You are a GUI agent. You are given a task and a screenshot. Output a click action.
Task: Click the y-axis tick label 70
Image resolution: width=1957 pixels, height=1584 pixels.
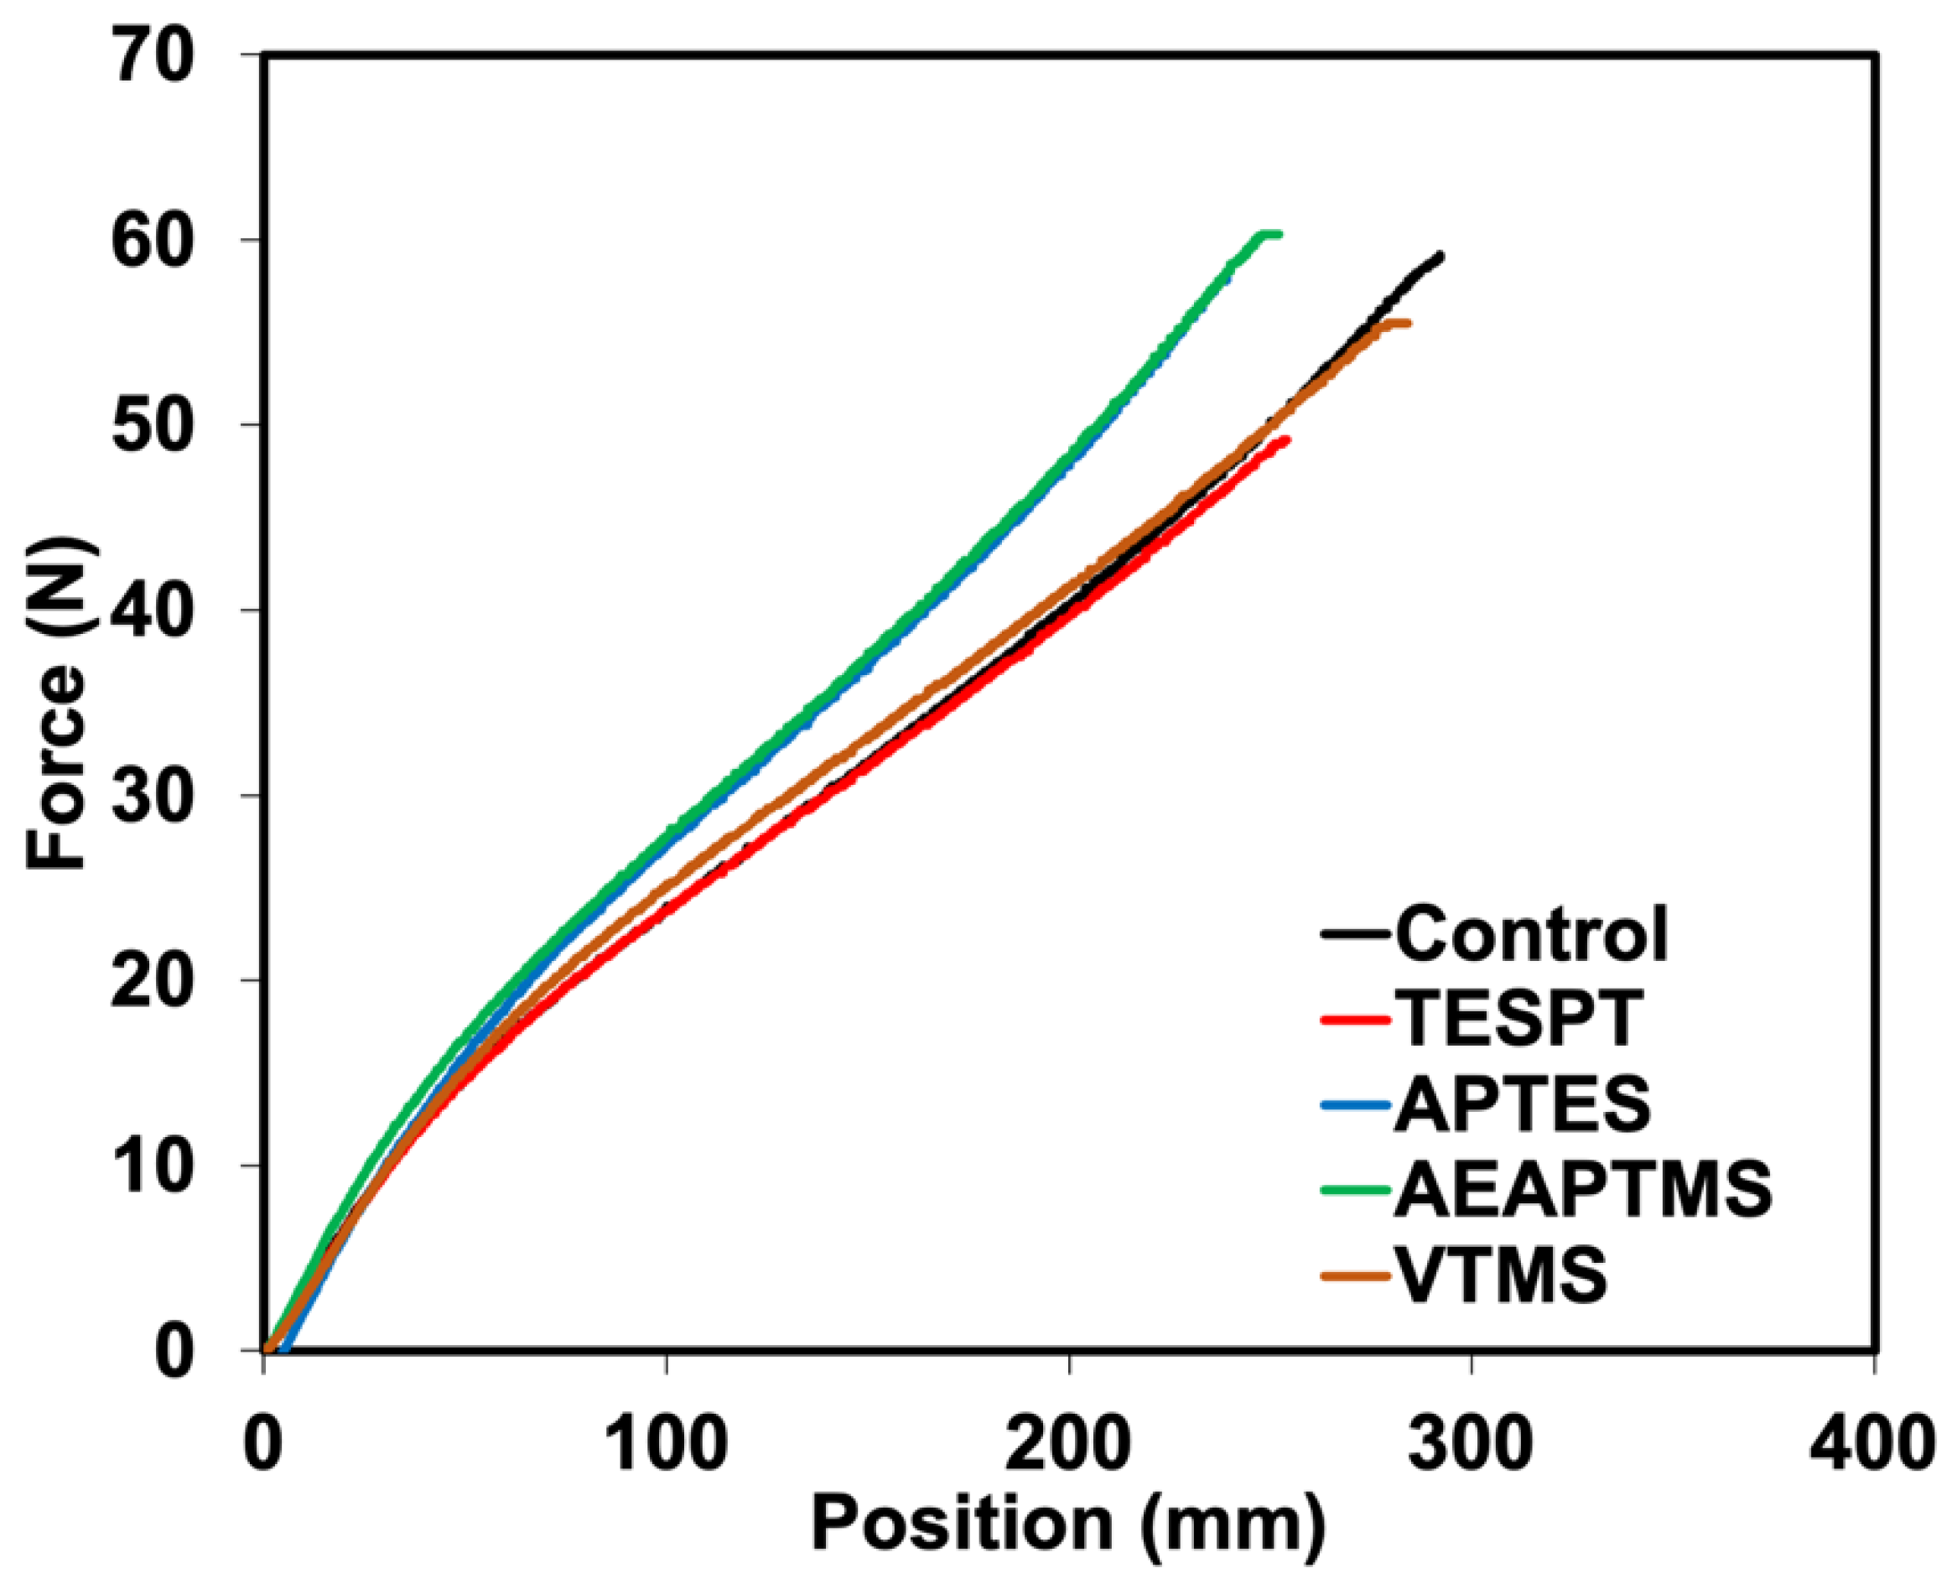click(x=153, y=55)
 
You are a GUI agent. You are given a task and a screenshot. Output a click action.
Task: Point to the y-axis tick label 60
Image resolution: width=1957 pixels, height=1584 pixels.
click(x=153, y=240)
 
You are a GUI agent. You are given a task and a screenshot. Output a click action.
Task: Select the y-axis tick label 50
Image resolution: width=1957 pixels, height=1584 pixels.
click(x=153, y=425)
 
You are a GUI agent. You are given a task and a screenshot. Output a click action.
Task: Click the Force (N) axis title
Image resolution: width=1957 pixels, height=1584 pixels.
click(x=56, y=703)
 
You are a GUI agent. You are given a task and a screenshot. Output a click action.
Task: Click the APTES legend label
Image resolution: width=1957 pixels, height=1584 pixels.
click(x=1523, y=1104)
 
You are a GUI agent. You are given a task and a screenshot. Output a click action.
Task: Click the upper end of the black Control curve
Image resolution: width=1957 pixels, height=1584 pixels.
click(x=1440, y=256)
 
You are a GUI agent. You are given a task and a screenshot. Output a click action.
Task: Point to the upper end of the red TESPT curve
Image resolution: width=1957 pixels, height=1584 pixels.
click(x=1285, y=439)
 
